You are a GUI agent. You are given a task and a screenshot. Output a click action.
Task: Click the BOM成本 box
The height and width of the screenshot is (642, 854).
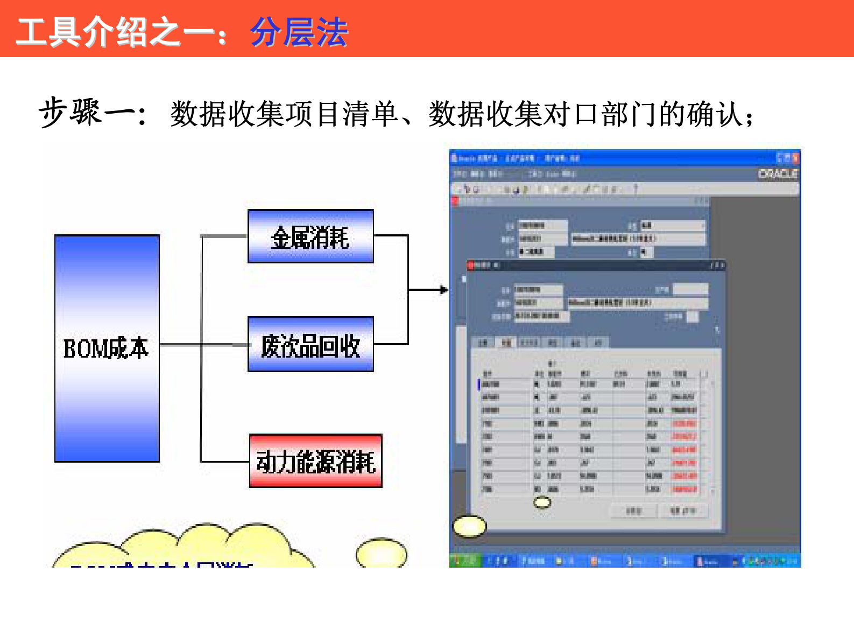click(107, 348)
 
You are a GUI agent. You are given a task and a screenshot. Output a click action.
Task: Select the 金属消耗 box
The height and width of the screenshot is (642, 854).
click(310, 236)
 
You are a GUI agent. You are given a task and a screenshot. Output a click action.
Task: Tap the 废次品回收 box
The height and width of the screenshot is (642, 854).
click(310, 345)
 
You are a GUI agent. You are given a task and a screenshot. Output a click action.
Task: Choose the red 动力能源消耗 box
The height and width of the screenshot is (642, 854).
click(316, 461)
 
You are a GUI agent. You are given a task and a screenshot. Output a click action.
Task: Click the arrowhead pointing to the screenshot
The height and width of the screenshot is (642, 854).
click(443, 290)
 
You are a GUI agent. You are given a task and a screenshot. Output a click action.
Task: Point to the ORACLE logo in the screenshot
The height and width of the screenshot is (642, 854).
click(778, 174)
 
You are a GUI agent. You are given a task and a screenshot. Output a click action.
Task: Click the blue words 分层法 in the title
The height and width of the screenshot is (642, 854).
click(299, 32)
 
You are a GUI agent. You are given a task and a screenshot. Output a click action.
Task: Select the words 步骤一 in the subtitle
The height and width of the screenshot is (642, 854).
click(86, 113)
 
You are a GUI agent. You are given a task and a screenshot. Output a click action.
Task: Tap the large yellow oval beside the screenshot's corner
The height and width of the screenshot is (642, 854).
click(469, 526)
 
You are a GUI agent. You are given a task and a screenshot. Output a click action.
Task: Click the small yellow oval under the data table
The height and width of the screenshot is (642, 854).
click(542, 503)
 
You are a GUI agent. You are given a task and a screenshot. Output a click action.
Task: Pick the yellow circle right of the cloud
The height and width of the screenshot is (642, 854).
click(382, 553)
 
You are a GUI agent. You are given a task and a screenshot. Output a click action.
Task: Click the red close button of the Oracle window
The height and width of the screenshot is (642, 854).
click(795, 158)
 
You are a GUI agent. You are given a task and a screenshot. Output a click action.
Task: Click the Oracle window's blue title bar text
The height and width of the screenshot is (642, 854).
click(517, 158)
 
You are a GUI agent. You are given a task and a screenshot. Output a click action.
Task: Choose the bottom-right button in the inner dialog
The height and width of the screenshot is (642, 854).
click(683, 510)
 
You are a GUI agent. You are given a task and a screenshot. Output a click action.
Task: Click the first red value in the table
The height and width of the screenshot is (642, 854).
click(684, 424)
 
